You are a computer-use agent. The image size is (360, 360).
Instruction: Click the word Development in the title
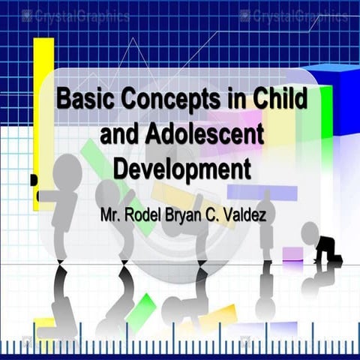point(181,167)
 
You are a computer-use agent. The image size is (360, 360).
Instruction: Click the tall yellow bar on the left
point(43,112)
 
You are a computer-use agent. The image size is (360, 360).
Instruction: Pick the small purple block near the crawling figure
point(292,254)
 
